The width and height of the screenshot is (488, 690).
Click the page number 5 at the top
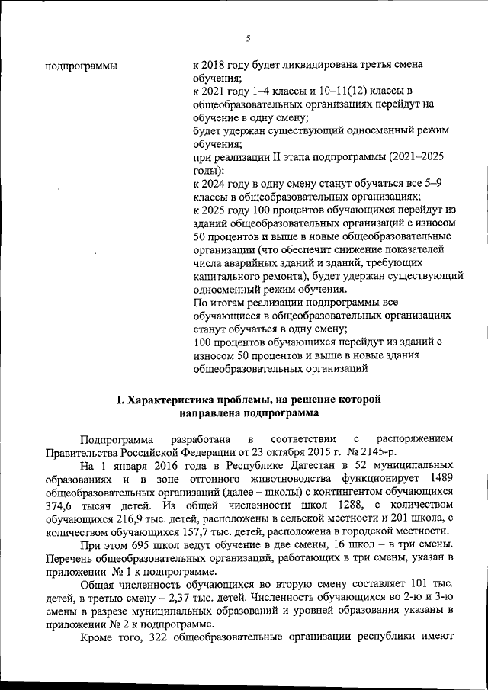click(248, 39)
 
